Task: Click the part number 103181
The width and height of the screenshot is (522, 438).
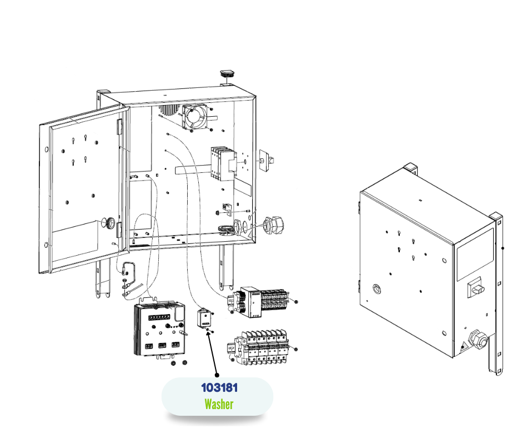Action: pos(219,387)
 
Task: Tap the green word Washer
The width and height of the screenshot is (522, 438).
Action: pos(219,404)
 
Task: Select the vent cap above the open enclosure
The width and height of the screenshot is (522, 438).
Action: pos(227,74)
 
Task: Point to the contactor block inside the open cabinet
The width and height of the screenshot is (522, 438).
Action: pos(219,163)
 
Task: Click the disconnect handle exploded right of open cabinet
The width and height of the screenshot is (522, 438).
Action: pos(267,160)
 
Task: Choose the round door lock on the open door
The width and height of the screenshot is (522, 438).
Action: pos(111,223)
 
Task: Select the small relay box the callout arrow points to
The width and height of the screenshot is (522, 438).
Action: pos(204,318)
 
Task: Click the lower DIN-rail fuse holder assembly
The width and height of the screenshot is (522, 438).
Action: pos(259,349)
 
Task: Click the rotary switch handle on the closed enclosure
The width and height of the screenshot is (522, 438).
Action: pos(477,287)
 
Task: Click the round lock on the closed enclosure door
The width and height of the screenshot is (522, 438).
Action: pos(377,288)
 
